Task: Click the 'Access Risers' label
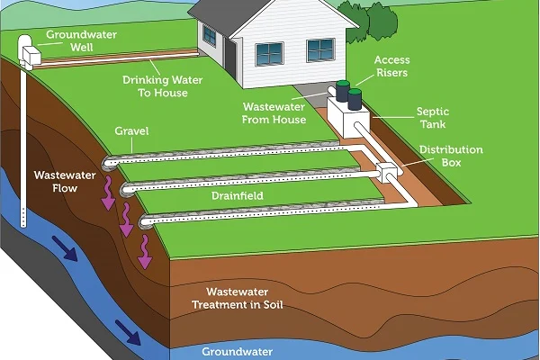[393, 67]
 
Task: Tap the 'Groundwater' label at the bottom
[237, 351]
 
